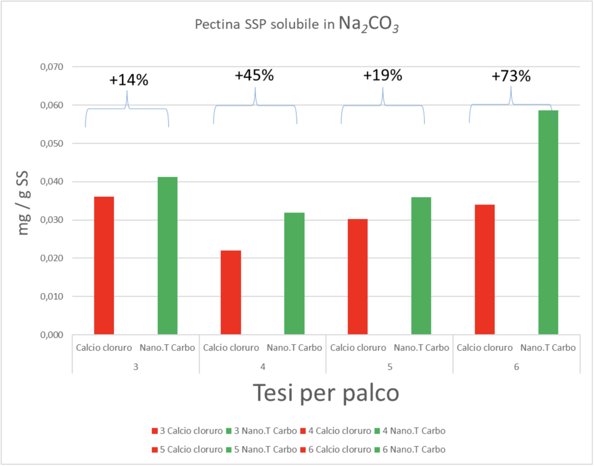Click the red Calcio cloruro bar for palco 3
click(x=104, y=265)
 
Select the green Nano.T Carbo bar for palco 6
click(x=548, y=222)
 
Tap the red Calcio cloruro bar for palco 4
click(x=231, y=292)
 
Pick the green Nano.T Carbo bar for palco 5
click(x=421, y=266)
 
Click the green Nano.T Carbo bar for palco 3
click(x=168, y=255)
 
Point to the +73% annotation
click(x=511, y=76)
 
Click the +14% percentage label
click(x=129, y=80)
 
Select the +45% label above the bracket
click(x=254, y=76)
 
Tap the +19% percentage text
click(x=383, y=76)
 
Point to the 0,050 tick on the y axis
click(x=52, y=144)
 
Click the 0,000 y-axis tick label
click(x=52, y=335)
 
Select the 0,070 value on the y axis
click(x=52, y=67)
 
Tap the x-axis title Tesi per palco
click(x=326, y=393)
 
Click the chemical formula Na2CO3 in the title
click(x=368, y=24)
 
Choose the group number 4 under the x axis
click(x=263, y=367)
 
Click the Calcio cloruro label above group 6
click(x=485, y=348)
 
